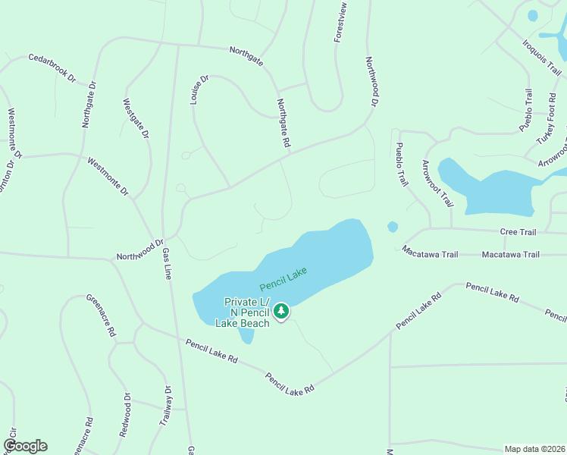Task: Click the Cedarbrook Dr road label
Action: (x=53, y=67)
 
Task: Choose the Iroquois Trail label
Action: (x=541, y=54)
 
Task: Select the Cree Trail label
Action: (x=518, y=231)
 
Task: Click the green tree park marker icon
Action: (x=281, y=311)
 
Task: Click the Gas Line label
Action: (x=166, y=262)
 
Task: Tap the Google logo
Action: (x=25, y=446)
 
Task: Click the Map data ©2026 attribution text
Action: (x=534, y=449)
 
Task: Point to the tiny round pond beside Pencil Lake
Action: (x=392, y=227)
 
